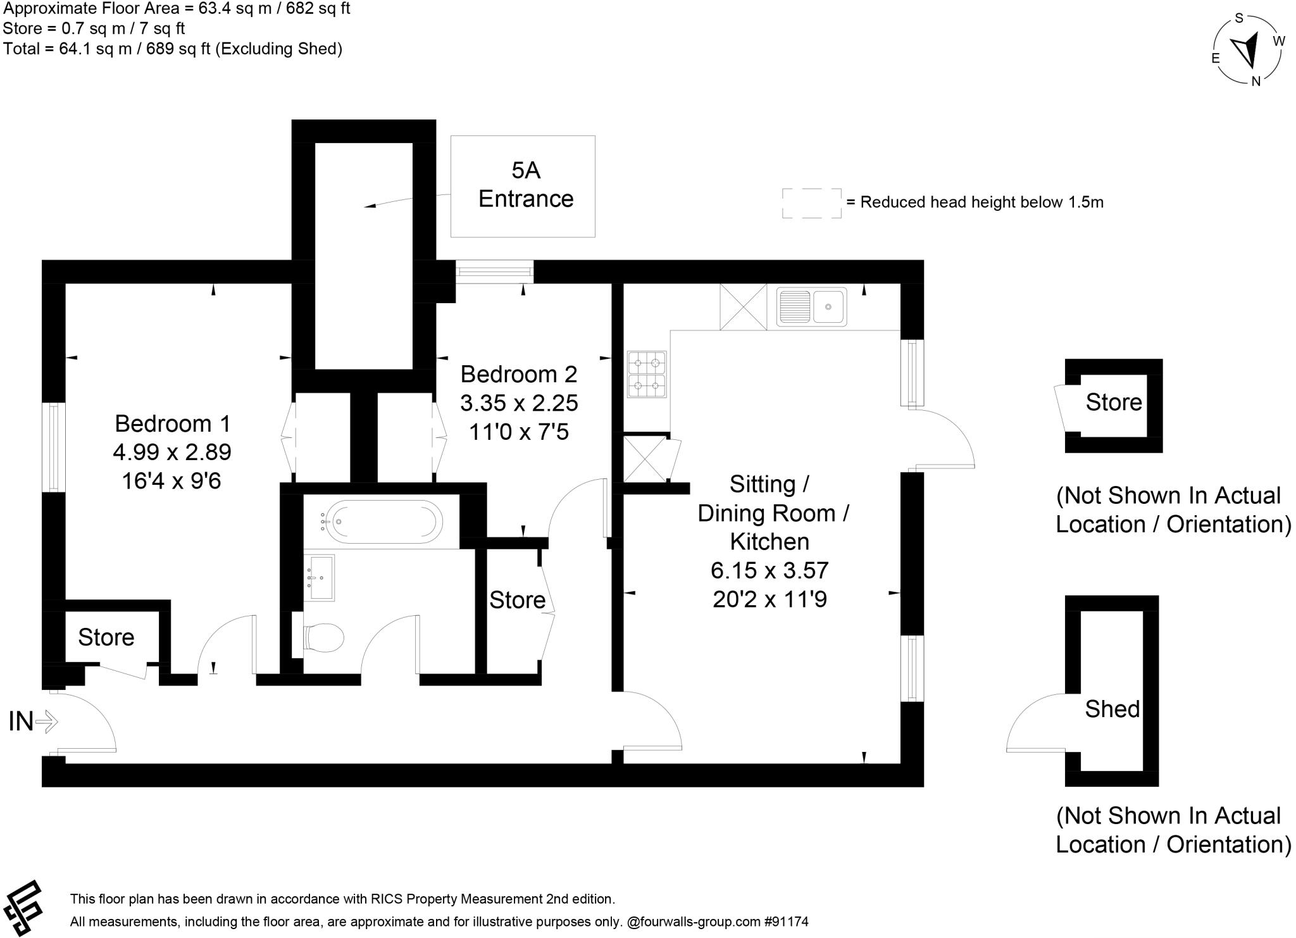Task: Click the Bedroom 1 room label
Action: (172, 423)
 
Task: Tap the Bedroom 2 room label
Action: (518, 374)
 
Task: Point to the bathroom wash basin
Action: (320, 577)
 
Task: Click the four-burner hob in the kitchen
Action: (647, 375)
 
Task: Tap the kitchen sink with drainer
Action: (811, 306)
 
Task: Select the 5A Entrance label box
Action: (523, 186)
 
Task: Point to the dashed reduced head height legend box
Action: (811, 203)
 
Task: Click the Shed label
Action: (1112, 709)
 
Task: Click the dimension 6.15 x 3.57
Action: (769, 570)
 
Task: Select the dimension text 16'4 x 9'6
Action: (171, 481)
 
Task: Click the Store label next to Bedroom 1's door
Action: (106, 637)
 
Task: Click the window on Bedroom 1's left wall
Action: (54, 447)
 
